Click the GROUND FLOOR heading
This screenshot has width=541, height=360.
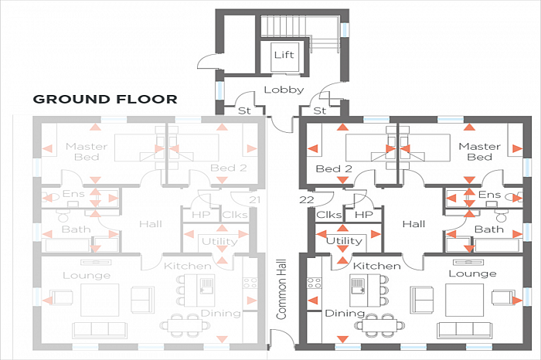click(105, 99)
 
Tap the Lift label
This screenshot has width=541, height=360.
click(284, 55)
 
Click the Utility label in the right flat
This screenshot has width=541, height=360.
click(344, 241)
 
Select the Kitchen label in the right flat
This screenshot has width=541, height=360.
click(376, 266)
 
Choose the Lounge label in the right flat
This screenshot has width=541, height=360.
click(472, 274)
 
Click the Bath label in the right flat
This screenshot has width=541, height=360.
click(488, 229)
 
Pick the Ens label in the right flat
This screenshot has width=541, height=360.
click(488, 195)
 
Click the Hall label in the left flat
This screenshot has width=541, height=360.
click(150, 224)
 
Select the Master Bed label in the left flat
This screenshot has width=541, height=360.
click(86, 152)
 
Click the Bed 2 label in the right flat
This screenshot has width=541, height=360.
click(334, 168)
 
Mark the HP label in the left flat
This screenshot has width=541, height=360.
click(200, 215)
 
